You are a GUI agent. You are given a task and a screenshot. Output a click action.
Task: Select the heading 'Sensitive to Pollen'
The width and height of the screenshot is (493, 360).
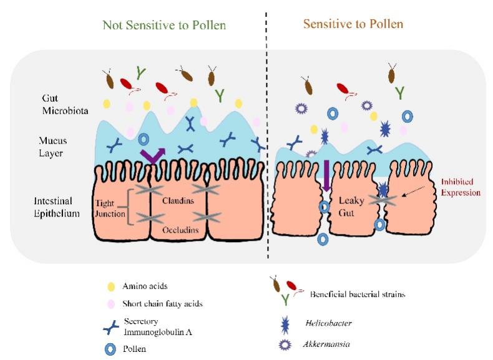353,24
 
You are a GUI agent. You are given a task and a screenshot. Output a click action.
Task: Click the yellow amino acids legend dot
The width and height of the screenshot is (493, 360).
111,287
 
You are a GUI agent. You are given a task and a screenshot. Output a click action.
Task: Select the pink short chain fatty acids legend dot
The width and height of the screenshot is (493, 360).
111,304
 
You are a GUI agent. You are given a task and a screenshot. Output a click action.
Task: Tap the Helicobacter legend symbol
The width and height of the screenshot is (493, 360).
276,324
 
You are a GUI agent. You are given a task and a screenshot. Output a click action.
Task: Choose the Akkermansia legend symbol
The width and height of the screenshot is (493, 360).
276,344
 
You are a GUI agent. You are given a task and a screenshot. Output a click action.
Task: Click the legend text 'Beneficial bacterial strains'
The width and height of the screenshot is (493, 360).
357,294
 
